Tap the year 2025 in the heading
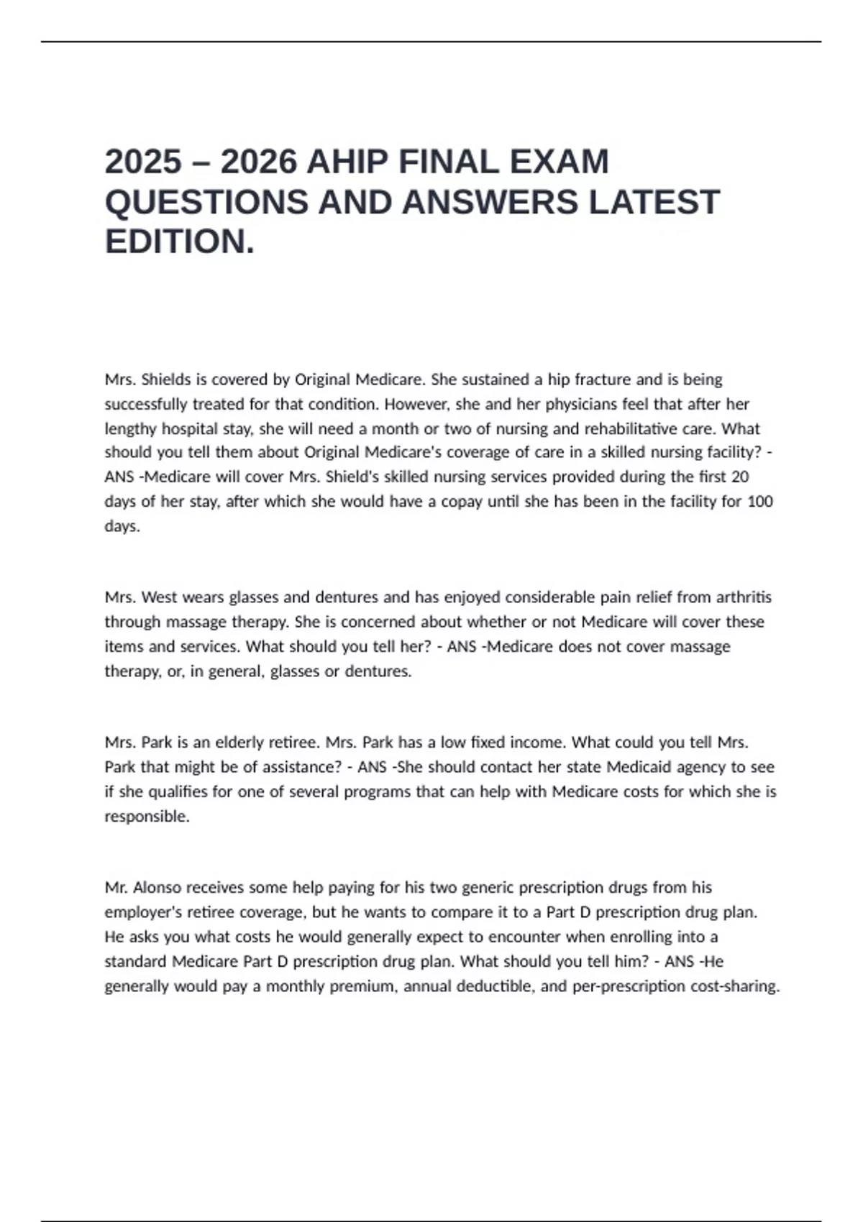(x=143, y=162)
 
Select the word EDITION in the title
(x=175, y=242)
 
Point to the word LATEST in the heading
(x=654, y=202)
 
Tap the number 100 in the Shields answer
(x=760, y=502)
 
